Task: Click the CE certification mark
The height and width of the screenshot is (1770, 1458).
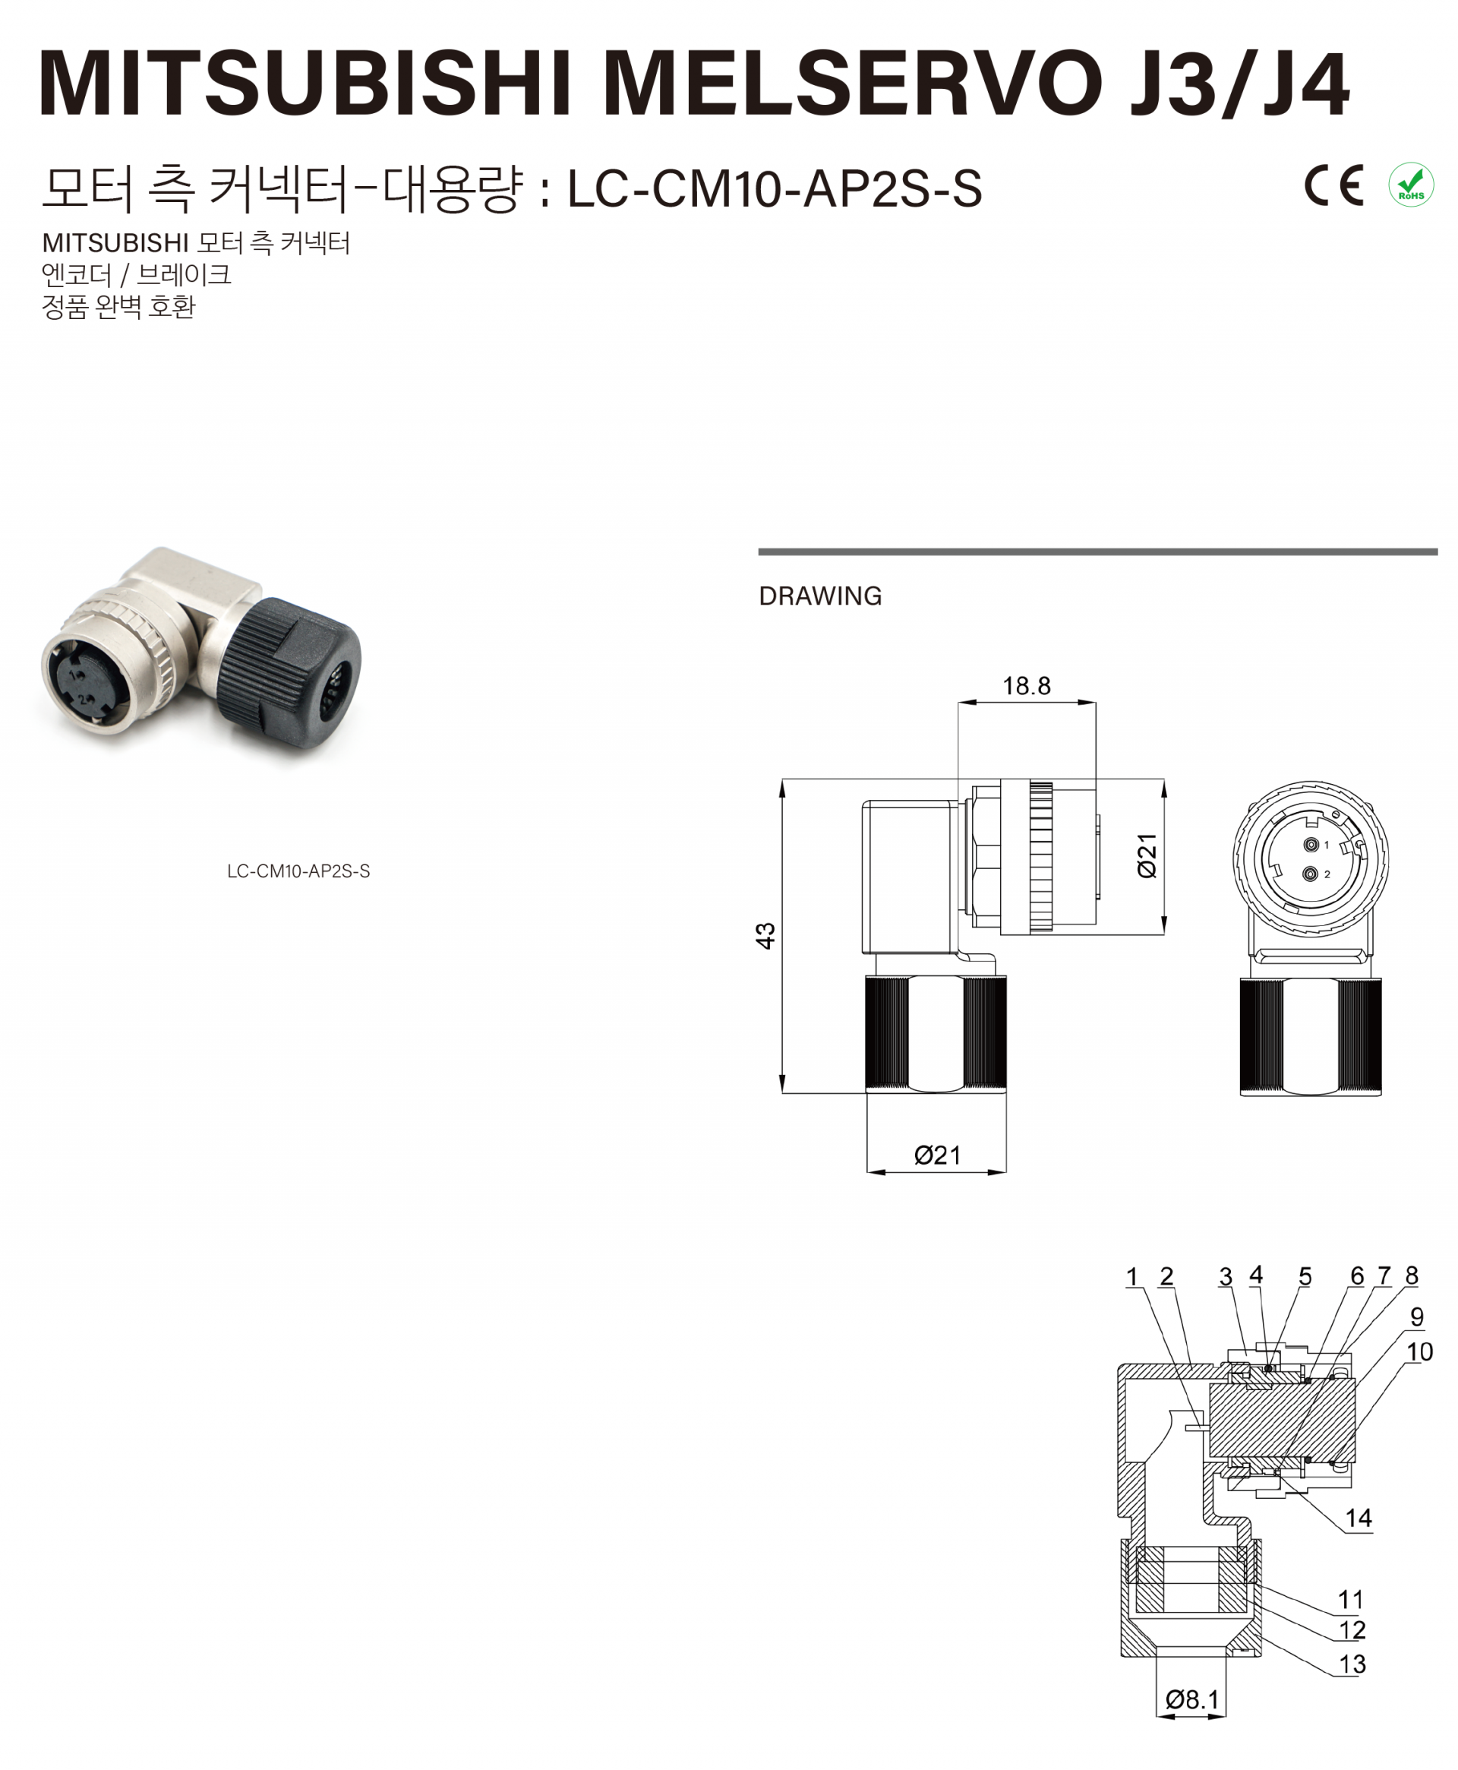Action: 1333,185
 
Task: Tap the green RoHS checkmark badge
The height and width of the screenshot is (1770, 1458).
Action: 1411,185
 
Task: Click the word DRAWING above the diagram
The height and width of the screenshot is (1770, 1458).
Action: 819,596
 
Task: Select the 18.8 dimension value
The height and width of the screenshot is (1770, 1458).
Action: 1027,685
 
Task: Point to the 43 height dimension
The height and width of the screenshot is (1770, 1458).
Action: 765,935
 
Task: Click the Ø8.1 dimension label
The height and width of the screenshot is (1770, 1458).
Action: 1191,1699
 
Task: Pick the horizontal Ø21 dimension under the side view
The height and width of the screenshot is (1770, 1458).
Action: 937,1155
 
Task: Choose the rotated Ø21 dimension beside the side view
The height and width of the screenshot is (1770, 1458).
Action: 1147,856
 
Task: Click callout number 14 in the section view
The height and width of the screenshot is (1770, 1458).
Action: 1358,1517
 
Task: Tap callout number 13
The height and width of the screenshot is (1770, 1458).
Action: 1352,1664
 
